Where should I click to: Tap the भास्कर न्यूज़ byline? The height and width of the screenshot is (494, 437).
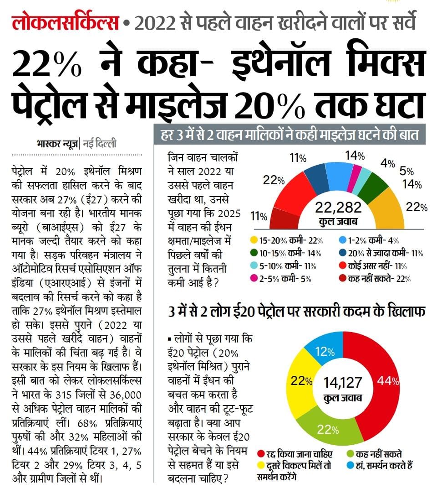point(57,144)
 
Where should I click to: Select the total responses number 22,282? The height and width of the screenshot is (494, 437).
point(338,208)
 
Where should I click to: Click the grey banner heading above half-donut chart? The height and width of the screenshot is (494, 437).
point(289,135)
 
